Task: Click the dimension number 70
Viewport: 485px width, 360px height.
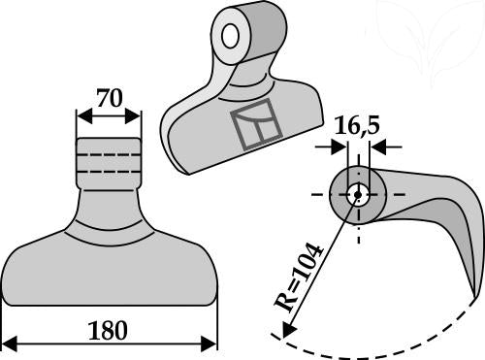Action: (x=110, y=98)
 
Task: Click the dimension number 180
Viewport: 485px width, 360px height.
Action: (x=108, y=330)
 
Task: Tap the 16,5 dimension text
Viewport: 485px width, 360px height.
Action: (x=356, y=125)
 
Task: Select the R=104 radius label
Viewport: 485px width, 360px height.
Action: (x=298, y=278)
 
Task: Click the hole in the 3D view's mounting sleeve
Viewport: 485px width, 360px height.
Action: (x=230, y=35)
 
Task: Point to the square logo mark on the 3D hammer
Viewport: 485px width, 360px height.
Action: (x=256, y=125)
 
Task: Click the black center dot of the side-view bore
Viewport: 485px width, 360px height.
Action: (x=358, y=195)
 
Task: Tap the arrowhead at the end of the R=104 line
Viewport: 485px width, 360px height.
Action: (x=288, y=330)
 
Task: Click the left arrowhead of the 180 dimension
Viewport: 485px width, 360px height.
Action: (x=9, y=344)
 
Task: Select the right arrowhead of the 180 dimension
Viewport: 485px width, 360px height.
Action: (x=209, y=344)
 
